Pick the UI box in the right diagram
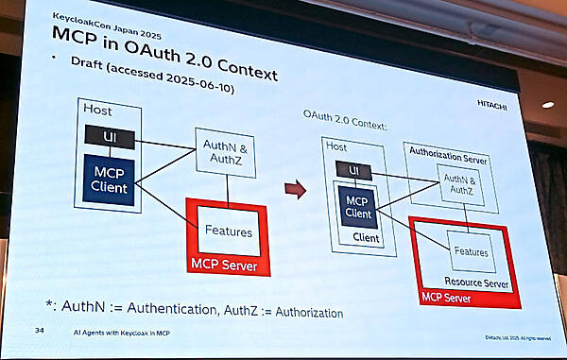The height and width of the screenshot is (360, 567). click(355, 171)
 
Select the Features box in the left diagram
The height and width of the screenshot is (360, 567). click(227, 231)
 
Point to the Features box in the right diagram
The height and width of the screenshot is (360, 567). click(471, 252)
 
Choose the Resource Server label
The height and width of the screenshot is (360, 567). click(475, 283)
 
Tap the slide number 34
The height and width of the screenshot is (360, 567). click(39, 331)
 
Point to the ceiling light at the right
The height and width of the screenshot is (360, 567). click(547, 105)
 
